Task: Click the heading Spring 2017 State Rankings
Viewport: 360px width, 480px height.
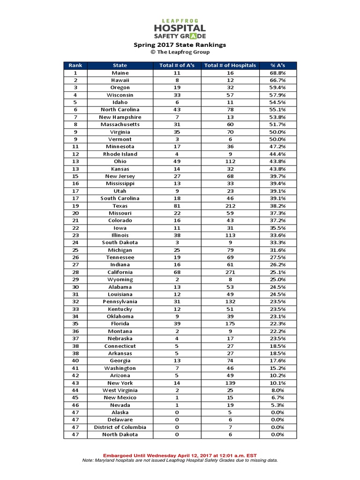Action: pyautogui.click(x=180, y=45)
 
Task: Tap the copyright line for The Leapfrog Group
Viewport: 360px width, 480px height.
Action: pyautogui.click(x=180, y=52)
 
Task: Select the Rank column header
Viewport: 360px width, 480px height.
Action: pyautogui.click(x=75, y=65)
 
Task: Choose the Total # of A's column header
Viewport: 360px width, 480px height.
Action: pyautogui.click(x=177, y=65)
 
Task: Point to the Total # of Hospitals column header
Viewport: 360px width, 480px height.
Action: pyautogui.click(x=230, y=65)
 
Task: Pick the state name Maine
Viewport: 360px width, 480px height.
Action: pyautogui.click(x=120, y=73)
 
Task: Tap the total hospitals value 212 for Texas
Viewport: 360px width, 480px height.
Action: pyautogui.click(x=230, y=206)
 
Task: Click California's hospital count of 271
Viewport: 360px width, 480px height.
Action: pyautogui.click(x=230, y=272)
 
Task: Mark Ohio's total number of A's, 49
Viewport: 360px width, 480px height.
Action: pyautogui.click(x=177, y=162)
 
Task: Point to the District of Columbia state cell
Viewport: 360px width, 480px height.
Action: pyautogui.click(x=120, y=427)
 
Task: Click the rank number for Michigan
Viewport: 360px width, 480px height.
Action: pyautogui.click(x=75, y=250)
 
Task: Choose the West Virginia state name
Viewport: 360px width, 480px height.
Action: pyautogui.click(x=120, y=390)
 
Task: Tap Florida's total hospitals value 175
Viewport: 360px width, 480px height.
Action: pyautogui.click(x=230, y=324)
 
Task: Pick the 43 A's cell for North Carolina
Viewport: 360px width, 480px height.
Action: pyautogui.click(x=177, y=110)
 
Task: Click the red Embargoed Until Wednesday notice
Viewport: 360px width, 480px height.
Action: pyautogui.click(x=180, y=456)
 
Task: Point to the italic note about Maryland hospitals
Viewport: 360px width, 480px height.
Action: pyautogui.click(x=180, y=460)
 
